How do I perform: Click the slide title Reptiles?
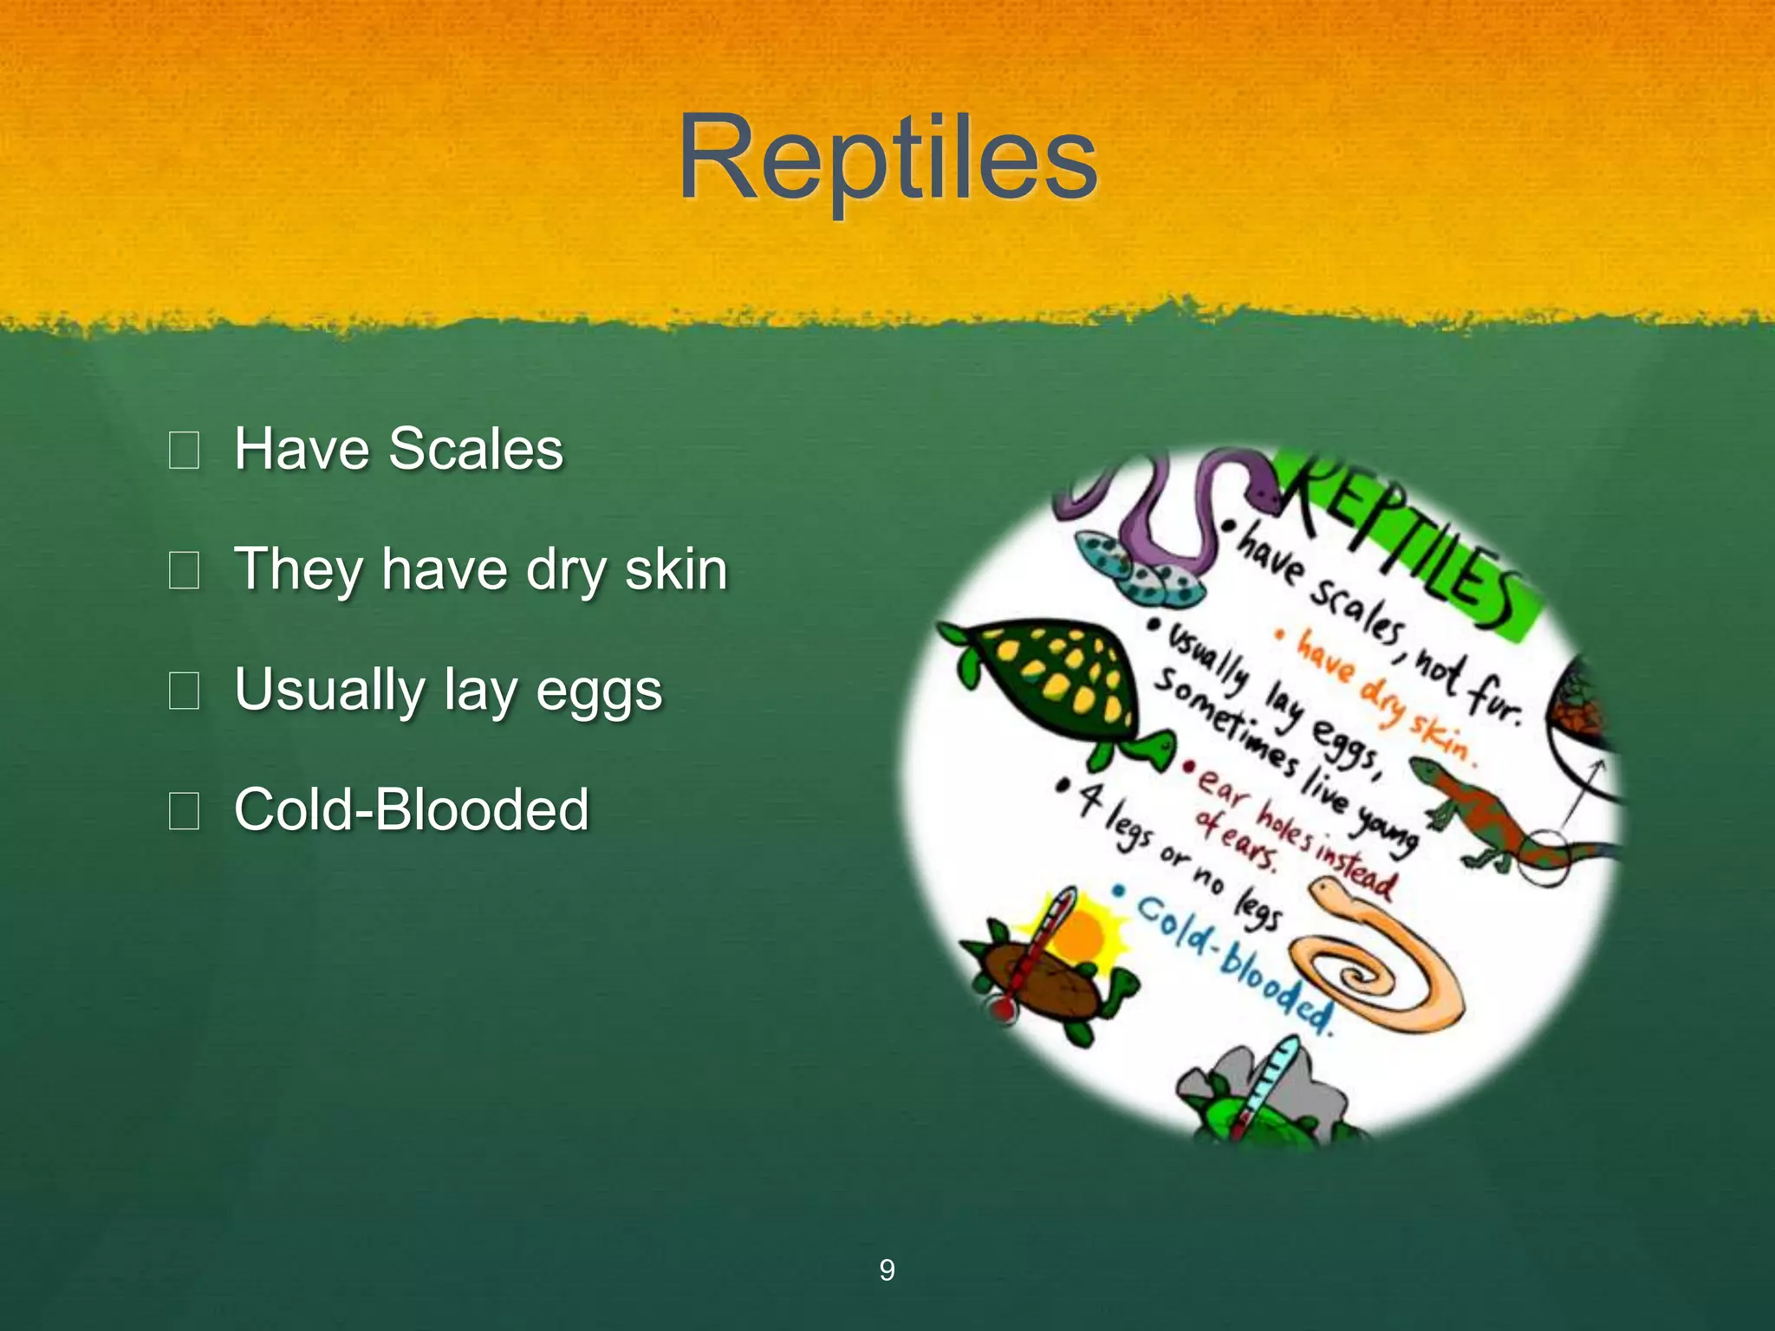click(887, 159)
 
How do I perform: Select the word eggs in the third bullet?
click(599, 691)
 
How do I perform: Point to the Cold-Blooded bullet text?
click(412, 809)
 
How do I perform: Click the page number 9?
click(887, 1269)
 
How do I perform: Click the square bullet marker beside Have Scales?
click(184, 451)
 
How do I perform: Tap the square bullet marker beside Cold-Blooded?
click(184, 811)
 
